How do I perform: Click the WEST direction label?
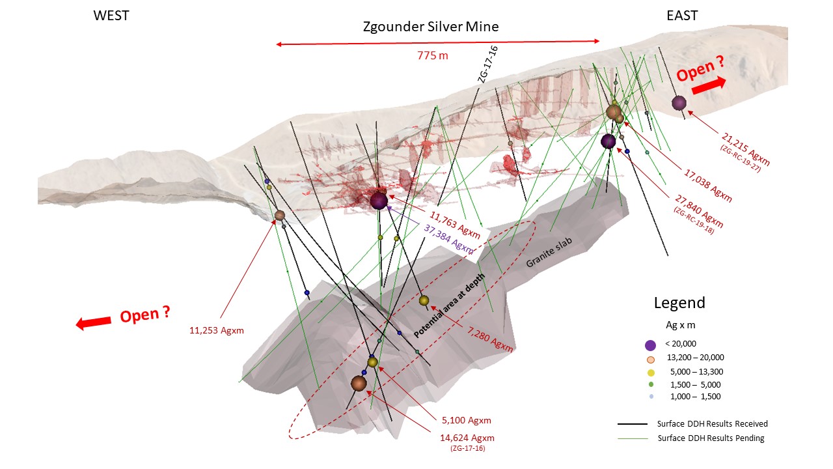(112, 16)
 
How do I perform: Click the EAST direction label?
(683, 16)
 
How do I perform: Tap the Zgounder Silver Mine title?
(431, 27)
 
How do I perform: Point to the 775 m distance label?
(433, 55)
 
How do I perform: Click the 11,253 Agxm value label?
(217, 330)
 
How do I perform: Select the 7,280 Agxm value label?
(490, 340)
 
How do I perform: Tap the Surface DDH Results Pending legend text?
(711, 438)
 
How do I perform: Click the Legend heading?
(679, 303)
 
